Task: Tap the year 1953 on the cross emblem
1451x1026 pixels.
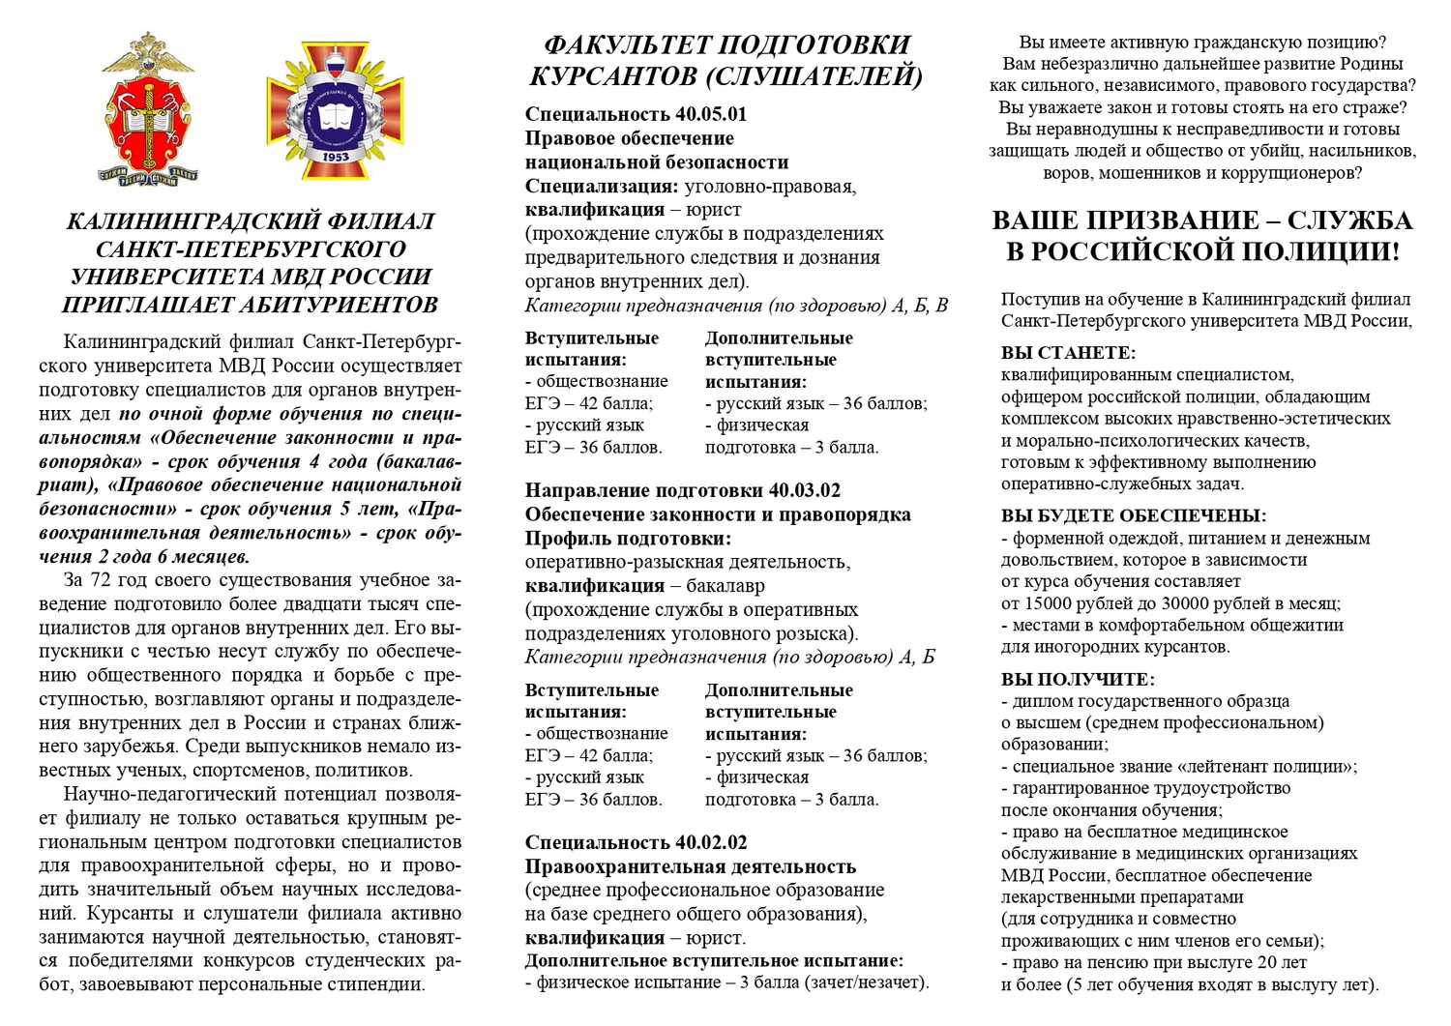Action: [336, 156]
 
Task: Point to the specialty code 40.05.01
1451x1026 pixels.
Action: [710, 114]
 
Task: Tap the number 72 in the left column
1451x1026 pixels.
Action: [100, 580]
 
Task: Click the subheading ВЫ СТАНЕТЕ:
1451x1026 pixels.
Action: [1068, 353]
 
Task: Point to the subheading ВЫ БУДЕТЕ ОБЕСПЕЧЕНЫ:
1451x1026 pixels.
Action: [1133, 516]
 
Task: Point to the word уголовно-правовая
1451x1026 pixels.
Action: [770, 186]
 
